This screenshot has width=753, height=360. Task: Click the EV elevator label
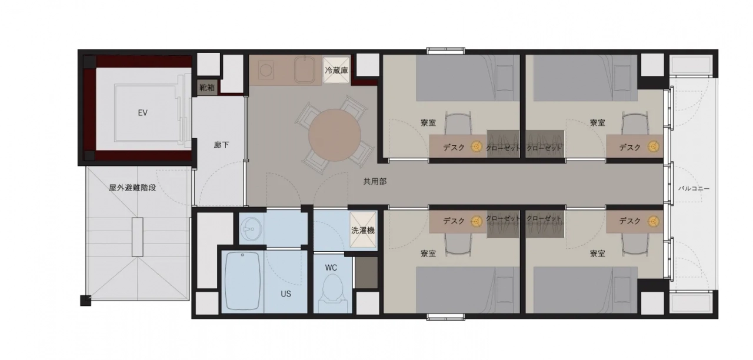142,113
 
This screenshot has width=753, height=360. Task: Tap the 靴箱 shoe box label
206,88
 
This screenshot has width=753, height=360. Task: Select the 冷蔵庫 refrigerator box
336,70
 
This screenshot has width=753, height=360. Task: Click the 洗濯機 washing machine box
363,230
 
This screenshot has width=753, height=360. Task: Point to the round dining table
335,135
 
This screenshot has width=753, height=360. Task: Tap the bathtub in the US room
243,281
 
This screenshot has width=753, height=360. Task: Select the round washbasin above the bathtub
250,229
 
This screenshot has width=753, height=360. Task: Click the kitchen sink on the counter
305,70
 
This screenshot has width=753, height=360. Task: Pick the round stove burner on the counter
266,70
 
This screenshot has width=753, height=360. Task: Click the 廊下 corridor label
221,145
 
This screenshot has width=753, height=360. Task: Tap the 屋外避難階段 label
132,188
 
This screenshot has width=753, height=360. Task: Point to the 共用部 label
375,182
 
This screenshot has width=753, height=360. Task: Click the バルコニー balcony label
694,189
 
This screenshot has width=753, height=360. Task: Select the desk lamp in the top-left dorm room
477,146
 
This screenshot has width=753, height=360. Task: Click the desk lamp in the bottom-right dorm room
653,221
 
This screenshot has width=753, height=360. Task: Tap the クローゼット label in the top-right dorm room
544,148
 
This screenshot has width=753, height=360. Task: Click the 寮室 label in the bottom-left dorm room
428,254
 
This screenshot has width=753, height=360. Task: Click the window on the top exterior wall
446,51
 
